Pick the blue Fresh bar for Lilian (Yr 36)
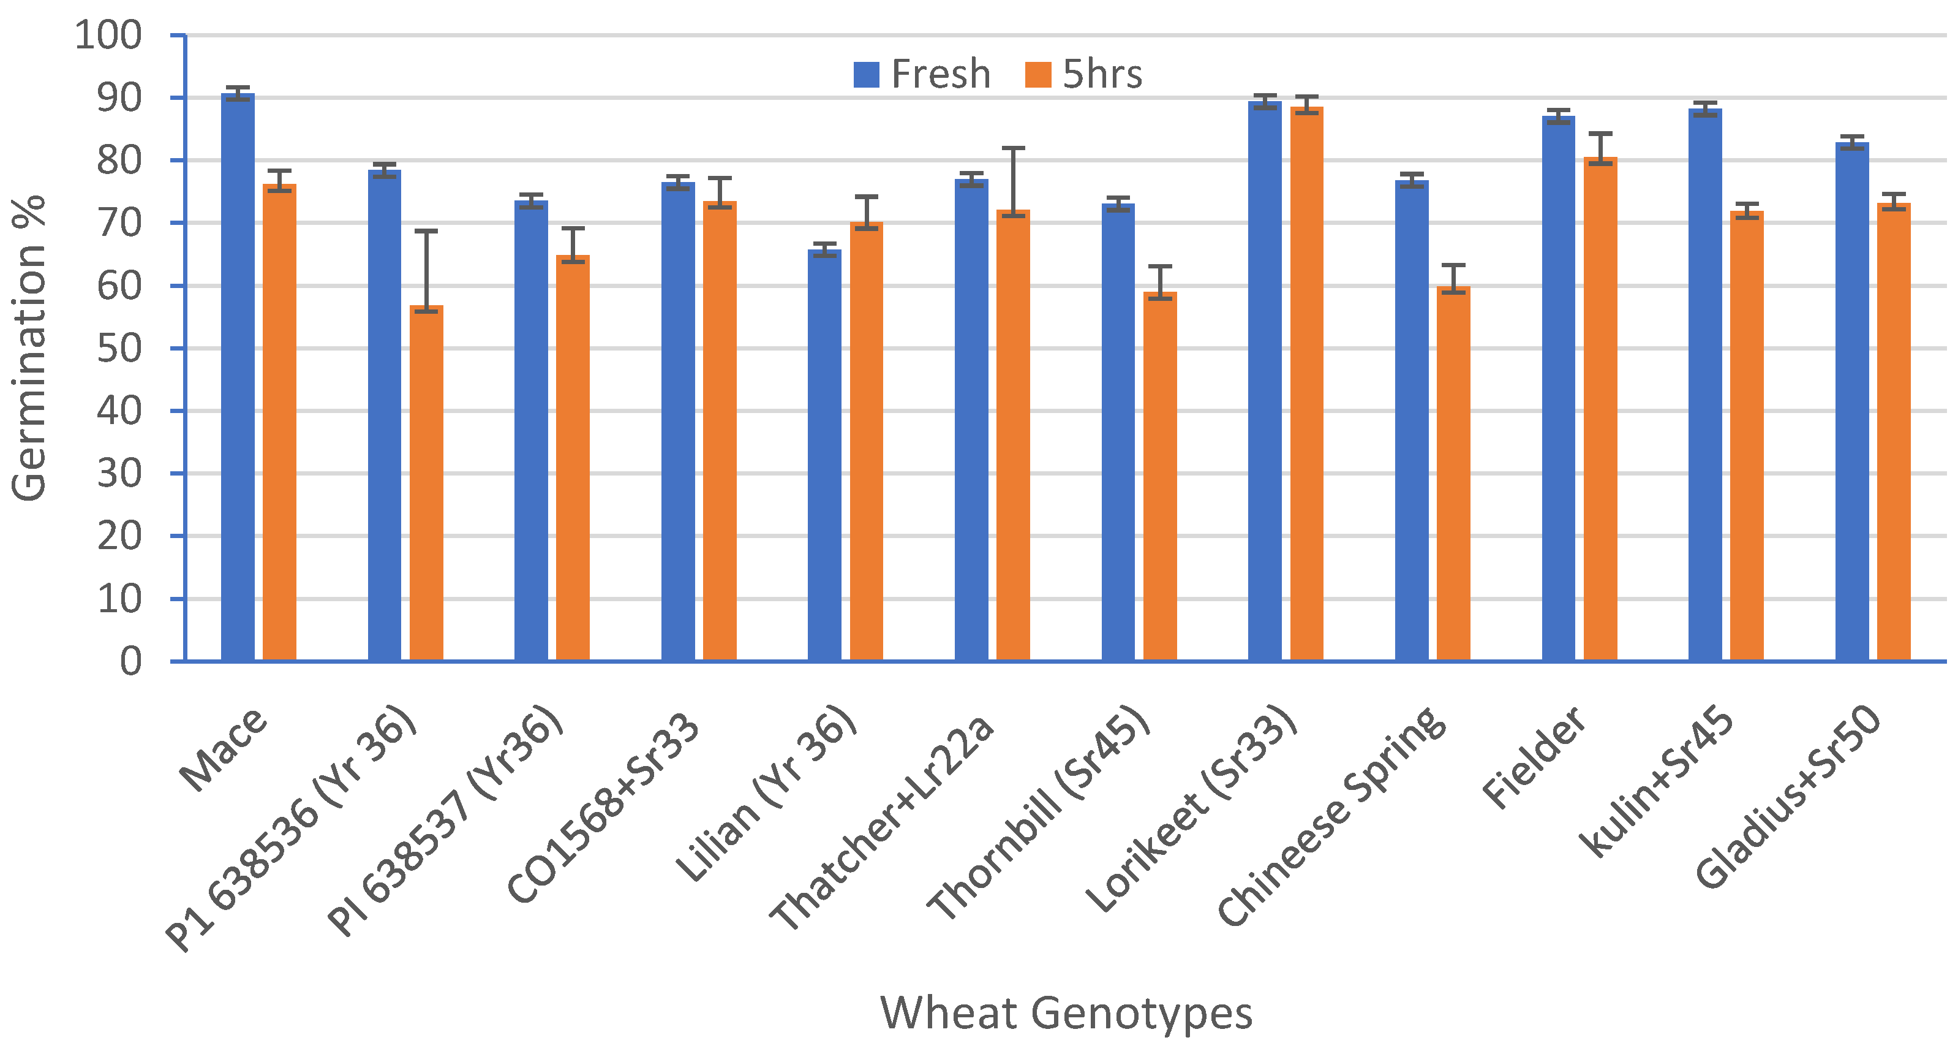pos(825,457)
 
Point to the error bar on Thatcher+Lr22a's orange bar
pos(1013,181)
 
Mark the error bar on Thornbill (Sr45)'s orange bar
pos(1160,281)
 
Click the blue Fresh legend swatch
pos(867,75)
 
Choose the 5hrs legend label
pos(1102,75)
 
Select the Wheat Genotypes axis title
pos(1066,1013)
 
